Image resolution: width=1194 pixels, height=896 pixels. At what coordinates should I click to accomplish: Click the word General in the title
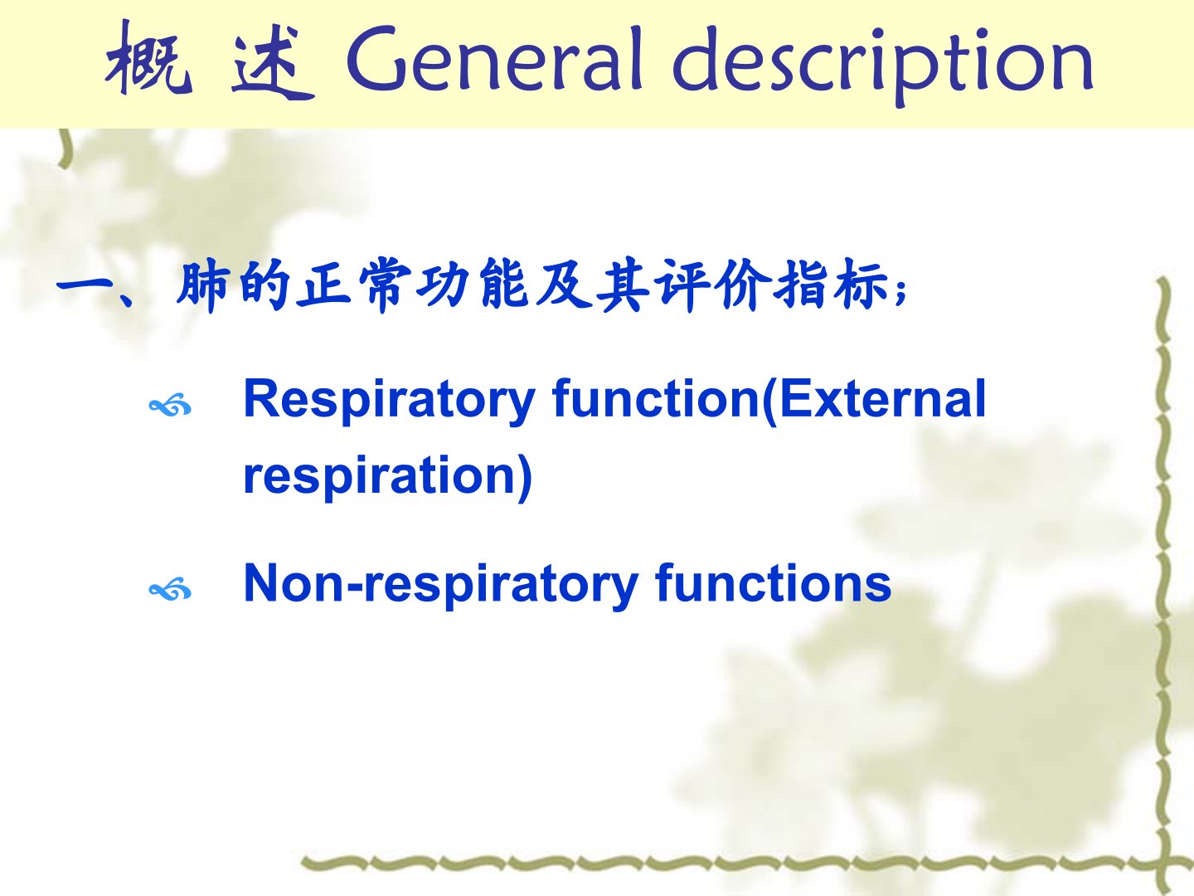point(494,59)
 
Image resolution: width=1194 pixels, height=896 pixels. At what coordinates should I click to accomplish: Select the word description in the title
point(882,64)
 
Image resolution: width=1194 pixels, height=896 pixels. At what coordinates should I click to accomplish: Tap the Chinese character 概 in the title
point(148,58)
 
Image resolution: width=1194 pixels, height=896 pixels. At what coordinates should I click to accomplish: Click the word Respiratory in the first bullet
point(390,402)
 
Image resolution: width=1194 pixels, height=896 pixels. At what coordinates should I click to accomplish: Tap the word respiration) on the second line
point(387,476)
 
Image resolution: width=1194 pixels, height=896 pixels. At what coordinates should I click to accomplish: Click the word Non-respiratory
point(441,585)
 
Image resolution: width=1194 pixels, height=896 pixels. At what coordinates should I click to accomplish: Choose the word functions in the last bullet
point(773,583)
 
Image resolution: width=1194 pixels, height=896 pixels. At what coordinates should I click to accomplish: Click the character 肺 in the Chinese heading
point(201,286)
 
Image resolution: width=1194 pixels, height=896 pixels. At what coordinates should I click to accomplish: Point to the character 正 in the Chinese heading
point(323,286)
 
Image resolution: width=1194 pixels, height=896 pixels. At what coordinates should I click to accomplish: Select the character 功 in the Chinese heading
point(443,286)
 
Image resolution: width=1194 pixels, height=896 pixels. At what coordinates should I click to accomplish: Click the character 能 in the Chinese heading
point(504,286)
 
